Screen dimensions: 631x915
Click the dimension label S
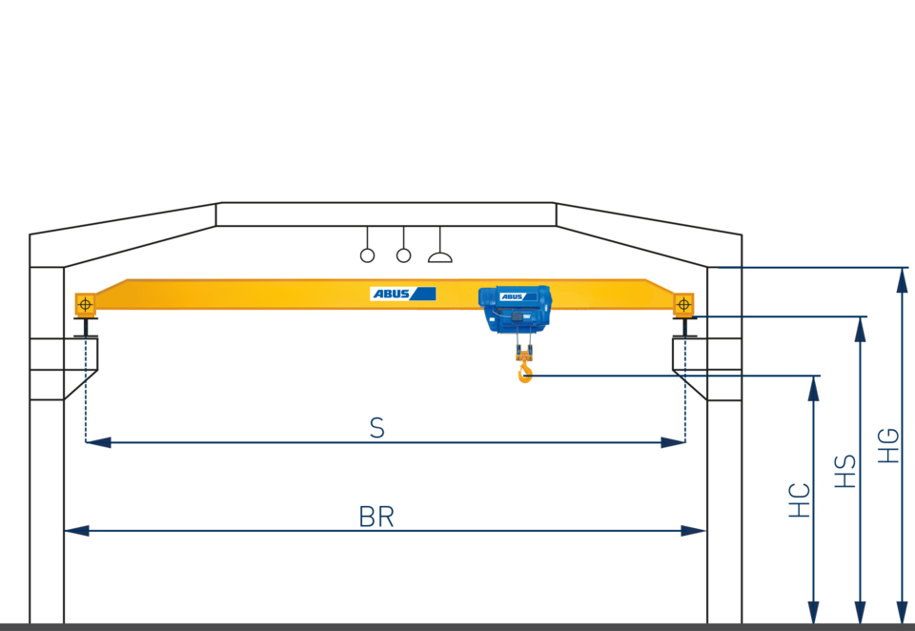(377, 429)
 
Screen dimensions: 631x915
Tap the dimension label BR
(376, 517)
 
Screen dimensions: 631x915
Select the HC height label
(800, 500)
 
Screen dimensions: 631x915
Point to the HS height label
(845, 472)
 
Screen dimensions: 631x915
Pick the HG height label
(888, 445)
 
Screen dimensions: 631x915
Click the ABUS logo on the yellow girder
(402, 294)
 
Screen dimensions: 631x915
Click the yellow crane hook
(524, 370)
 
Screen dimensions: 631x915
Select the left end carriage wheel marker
(85, 304)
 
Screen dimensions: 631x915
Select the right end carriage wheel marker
(683, 304)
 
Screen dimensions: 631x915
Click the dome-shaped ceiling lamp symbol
(439, 254)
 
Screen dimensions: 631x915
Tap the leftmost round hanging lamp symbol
(367, 254)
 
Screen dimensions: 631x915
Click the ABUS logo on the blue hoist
(512, 296)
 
